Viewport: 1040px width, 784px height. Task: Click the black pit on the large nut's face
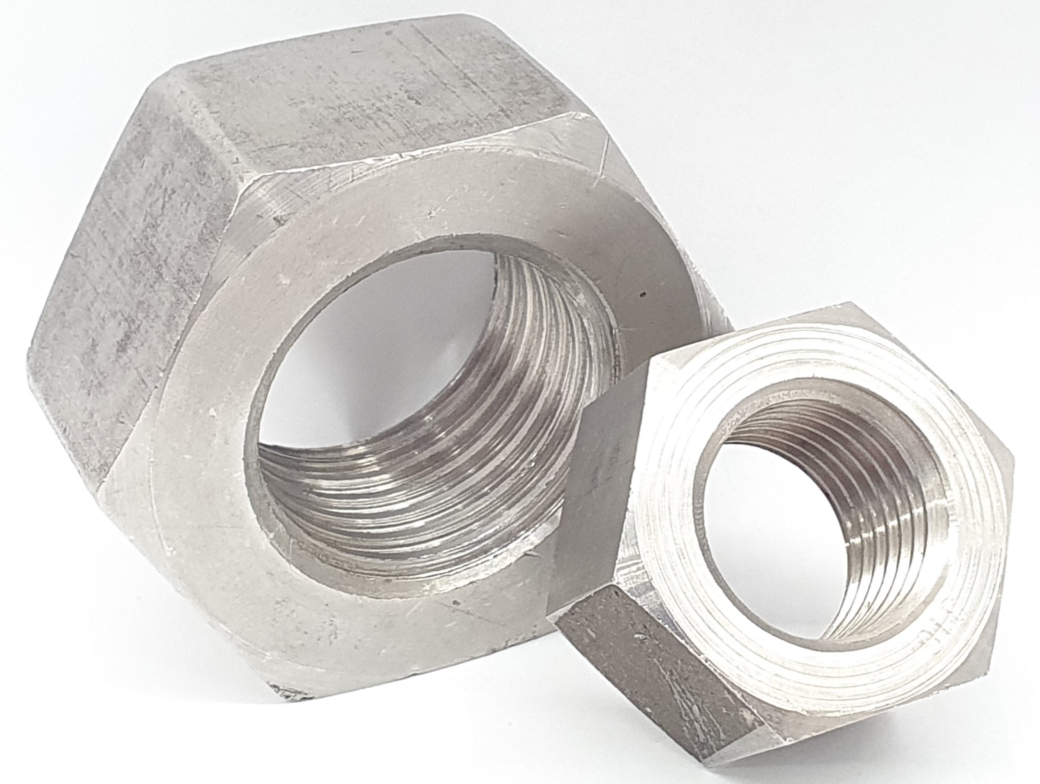point(642,295)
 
